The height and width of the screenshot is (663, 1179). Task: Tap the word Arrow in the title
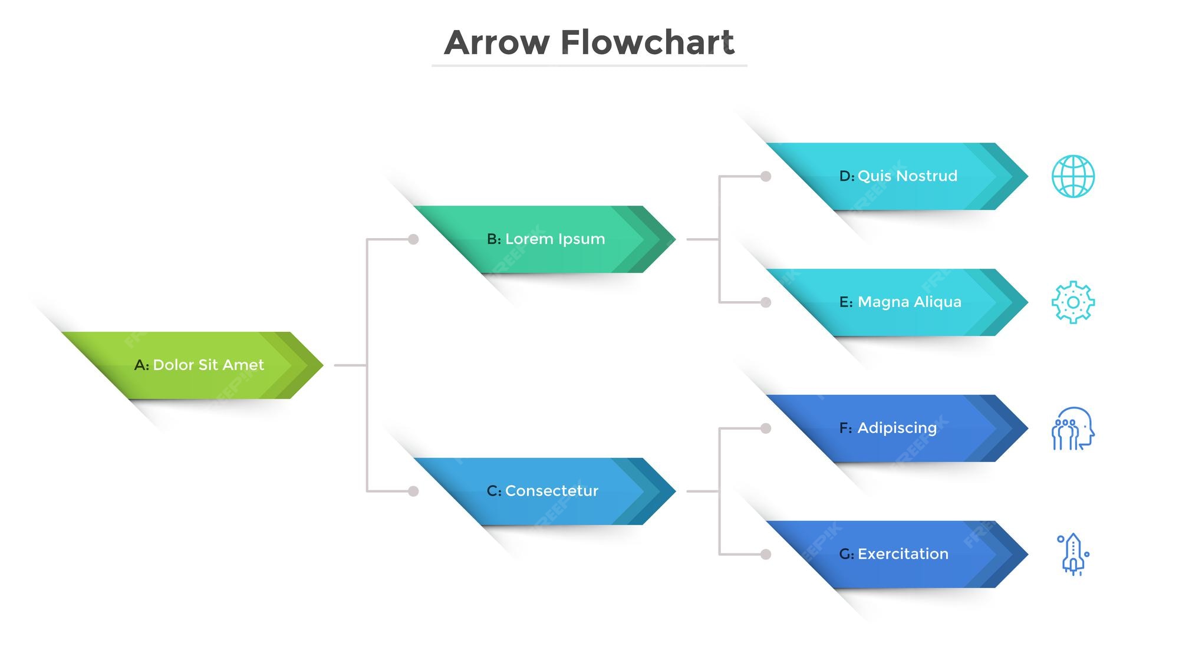point(497,42)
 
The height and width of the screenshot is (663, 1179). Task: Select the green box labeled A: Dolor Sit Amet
point(199,365)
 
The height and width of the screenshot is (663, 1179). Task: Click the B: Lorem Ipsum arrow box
point(546,239)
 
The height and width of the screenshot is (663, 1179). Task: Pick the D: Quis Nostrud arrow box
point(898,176)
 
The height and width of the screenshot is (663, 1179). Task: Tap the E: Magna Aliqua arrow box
point(900,302)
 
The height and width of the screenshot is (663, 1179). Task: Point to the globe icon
point(1073,176)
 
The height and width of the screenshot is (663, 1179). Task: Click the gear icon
point(1073,302)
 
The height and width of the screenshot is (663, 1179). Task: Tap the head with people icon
point(1073,428)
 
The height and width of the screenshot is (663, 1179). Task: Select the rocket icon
point(1073,555)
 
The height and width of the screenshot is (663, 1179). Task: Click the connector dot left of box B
point(413,239)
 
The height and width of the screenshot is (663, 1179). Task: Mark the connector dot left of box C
point(413,491)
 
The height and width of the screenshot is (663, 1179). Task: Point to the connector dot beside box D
point(766,176)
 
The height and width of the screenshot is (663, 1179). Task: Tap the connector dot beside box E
point(766,302)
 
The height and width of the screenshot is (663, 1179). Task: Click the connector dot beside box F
point(766,428)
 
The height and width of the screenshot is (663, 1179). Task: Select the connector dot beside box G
point(766,554)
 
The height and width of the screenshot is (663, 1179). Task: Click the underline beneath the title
point(589,65)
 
